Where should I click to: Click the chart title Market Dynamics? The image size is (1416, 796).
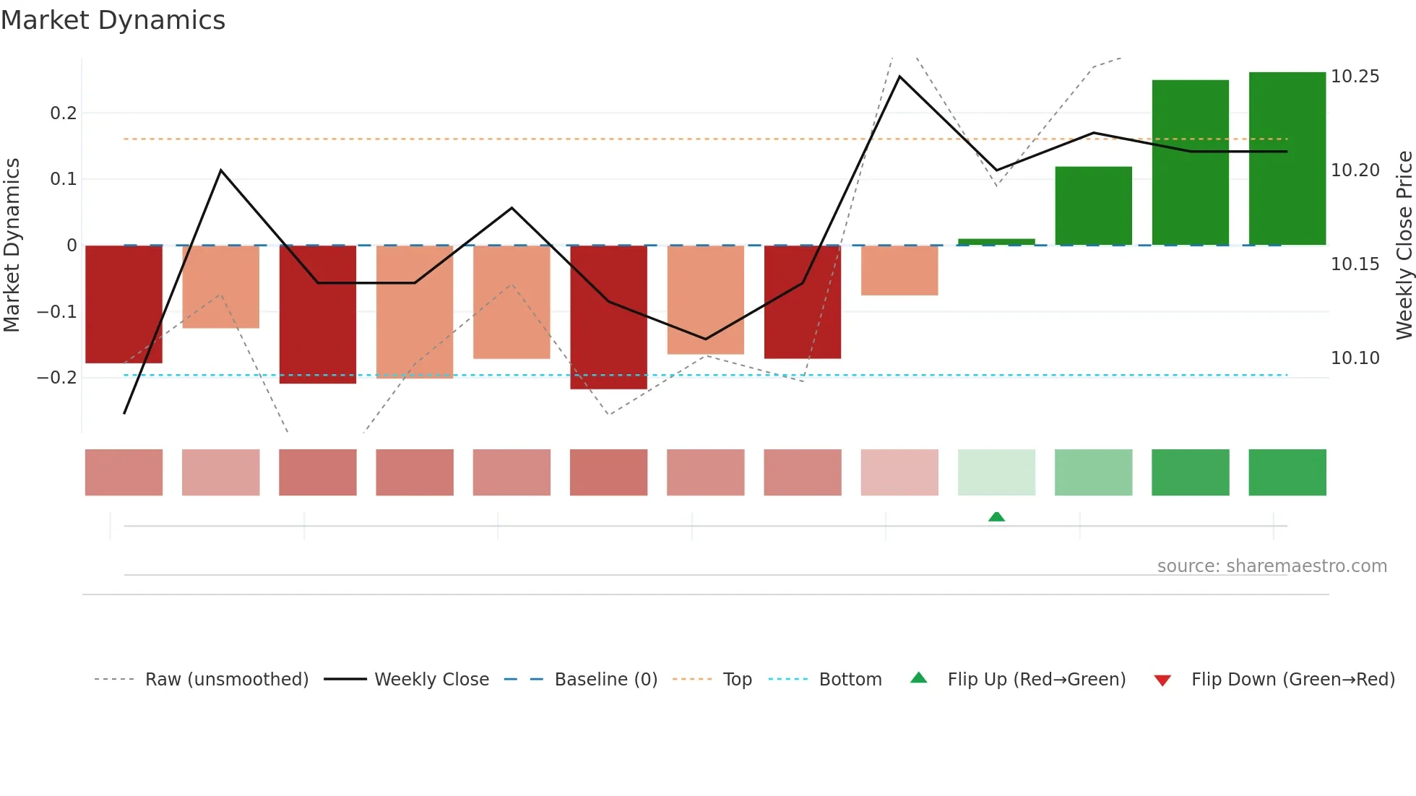pyautogui.click(x=113, y=20)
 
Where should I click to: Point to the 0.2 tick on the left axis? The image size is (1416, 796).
pyautogui.click(x=64, y=113)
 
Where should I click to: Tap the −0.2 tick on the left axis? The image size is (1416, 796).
pyautogui.click(x=57, y=378)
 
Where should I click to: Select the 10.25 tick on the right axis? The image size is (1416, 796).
pyautogui.click(x=1355, y=77)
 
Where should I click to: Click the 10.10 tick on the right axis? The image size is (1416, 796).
pyautogui.click(x=1355, y=358)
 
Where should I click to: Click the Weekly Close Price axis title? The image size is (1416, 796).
pyautogui.click(x=1404, y=246)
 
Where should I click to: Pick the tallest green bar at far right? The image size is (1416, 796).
pyautogui.click(x=1287, y=159)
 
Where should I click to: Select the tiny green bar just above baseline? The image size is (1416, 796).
pyautogui.click(x=996, y=242)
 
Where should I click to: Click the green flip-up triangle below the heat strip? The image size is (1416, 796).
pyautogui.click(x=996, y=516)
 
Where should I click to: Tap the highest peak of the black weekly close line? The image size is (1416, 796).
pyautogui.click(x=899, y=77)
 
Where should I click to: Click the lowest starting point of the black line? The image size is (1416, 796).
pyautogui.click(x=124, y=413)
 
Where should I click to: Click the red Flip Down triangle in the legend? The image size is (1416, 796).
pyautogui.click(x=1162, y=680)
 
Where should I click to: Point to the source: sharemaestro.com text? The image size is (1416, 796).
pyautogui.click(x=1272, y=566)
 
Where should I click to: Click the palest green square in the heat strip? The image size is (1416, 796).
pyautogui.click(x=996, y=472)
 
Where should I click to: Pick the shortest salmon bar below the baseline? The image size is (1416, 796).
pyautogui.click(x=899, y=270)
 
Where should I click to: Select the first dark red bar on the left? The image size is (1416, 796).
pyautogui.click(x=124, y=304)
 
